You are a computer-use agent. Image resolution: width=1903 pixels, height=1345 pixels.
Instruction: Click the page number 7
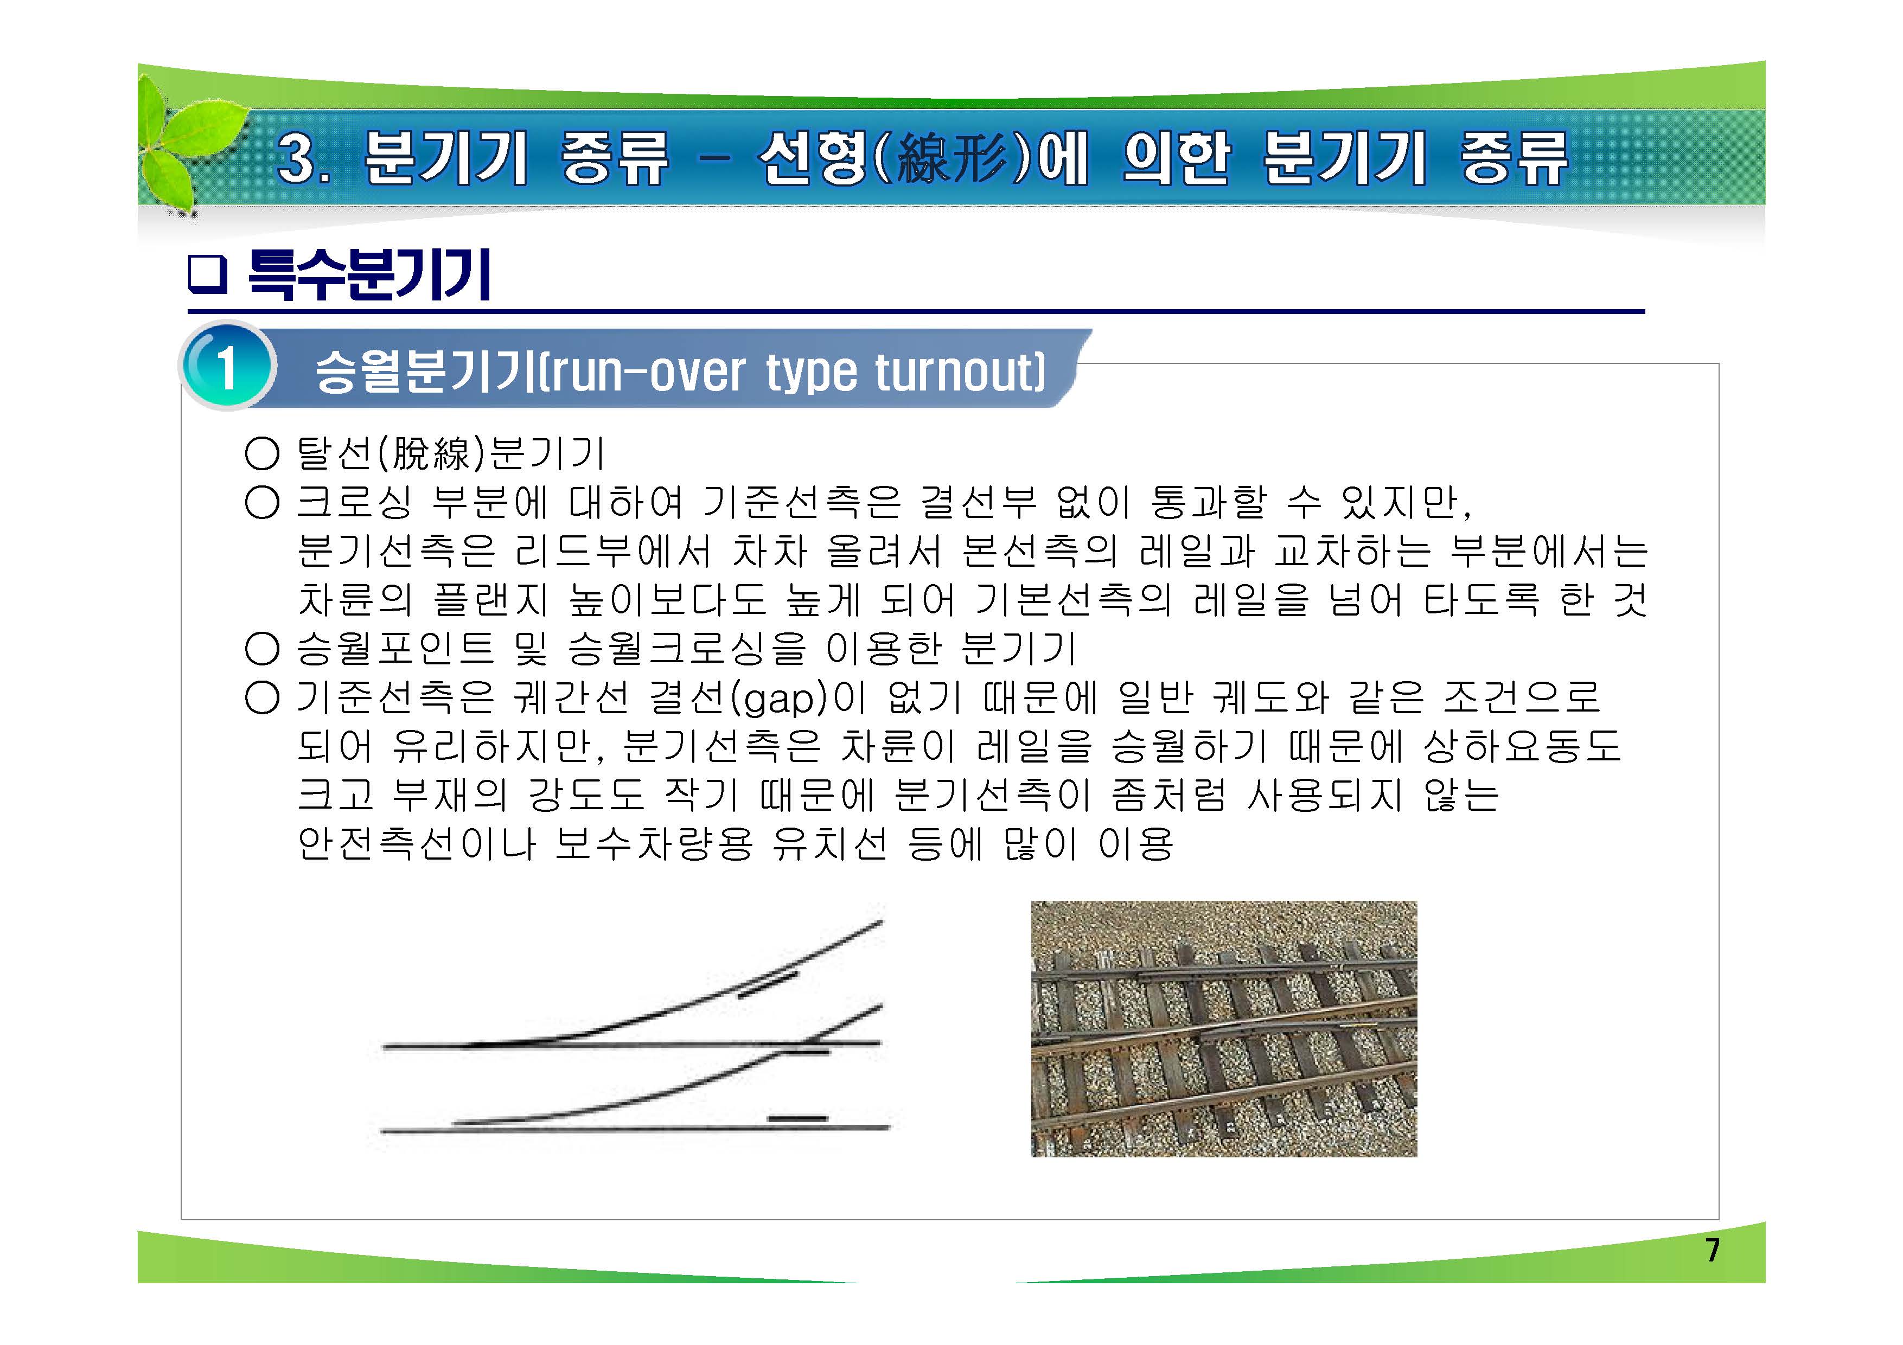(x=1713, y=1249)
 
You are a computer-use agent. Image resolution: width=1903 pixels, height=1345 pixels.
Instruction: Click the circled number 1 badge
(x=226, y=367)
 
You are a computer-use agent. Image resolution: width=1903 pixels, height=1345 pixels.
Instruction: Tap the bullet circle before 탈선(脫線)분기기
(x=262, y=453)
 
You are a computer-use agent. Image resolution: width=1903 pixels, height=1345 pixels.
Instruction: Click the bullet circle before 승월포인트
(x=262, y=649)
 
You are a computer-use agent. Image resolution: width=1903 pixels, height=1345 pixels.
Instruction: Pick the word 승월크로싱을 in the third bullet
(x=686, y=649)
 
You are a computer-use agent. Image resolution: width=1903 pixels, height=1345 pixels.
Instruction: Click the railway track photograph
(x=1223, y=1028)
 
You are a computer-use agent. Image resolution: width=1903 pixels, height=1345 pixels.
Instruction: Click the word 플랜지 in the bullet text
(x=489, y=600)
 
